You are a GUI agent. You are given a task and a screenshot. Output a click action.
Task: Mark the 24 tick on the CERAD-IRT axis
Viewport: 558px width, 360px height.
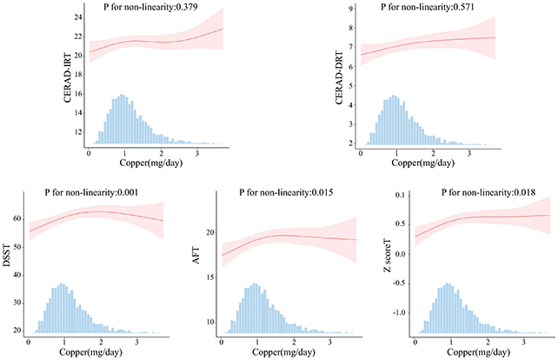pyautogui.click(x=78, y=17)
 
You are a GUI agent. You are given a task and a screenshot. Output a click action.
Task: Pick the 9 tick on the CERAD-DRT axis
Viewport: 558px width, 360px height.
pyautogui.click(x=350, y=9)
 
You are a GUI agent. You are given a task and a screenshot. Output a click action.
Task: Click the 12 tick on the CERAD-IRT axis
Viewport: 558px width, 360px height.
pyautogui.click(x=78, y=131)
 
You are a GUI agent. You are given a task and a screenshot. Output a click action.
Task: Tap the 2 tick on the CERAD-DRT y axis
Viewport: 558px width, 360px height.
pyautogui.click(x=350, y=143)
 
